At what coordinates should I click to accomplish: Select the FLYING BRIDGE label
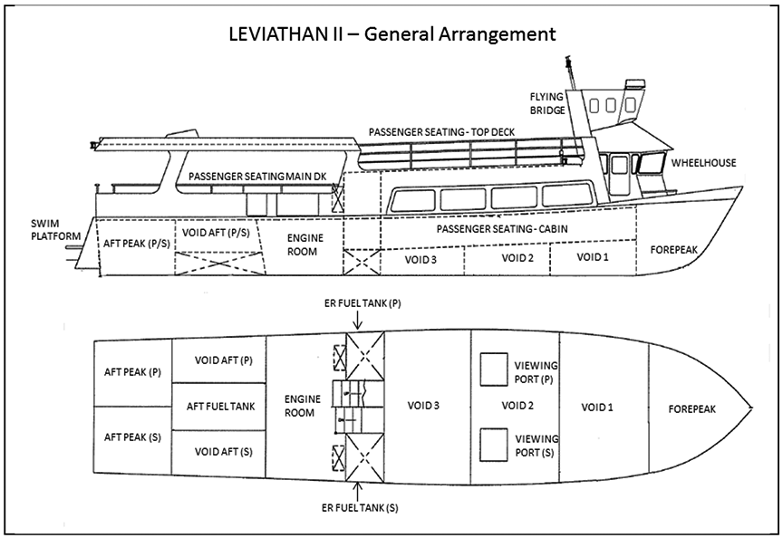[547, 103]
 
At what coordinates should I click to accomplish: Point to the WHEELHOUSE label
[703, 163]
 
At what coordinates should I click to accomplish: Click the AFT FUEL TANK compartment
[217, 407]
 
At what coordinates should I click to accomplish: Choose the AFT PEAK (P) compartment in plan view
[133, 372]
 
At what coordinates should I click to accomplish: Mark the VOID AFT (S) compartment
[217, 451]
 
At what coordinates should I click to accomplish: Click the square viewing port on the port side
[493, 370]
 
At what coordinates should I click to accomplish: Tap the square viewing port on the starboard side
[493, 445]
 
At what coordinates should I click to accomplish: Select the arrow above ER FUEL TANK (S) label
[361, 492]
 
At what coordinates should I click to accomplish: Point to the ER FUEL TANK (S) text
[361, 508]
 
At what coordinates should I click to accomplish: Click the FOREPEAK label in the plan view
[691, 408]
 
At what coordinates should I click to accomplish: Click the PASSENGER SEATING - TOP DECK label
[441, 132]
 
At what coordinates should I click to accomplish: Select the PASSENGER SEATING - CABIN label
[502, 229]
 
